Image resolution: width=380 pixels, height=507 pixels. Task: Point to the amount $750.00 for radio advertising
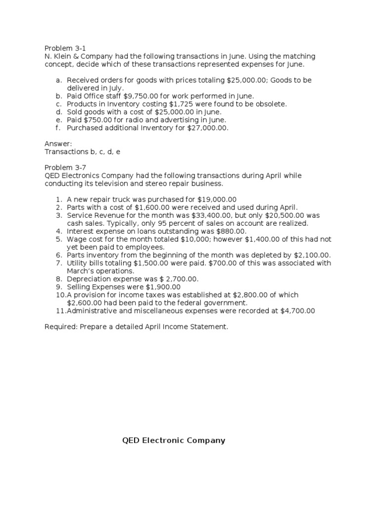[x=96, y=120]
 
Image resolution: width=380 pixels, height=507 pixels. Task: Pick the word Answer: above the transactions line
[x=58, y=144]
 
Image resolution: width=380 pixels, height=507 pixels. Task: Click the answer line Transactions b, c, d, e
[x=82, y=152]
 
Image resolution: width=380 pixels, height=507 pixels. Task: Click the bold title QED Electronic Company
[x=174, y=440]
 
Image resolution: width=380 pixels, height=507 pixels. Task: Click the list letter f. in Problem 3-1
[x=58, y=128]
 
